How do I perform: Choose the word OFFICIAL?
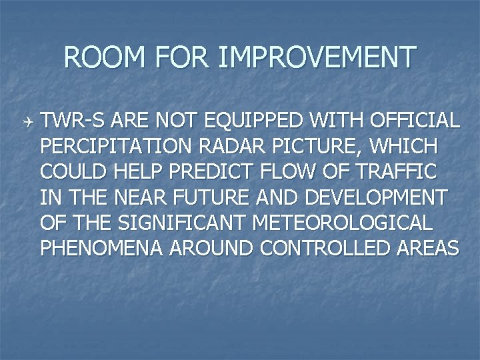pos(412,121)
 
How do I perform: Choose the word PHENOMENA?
pos(101,248)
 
